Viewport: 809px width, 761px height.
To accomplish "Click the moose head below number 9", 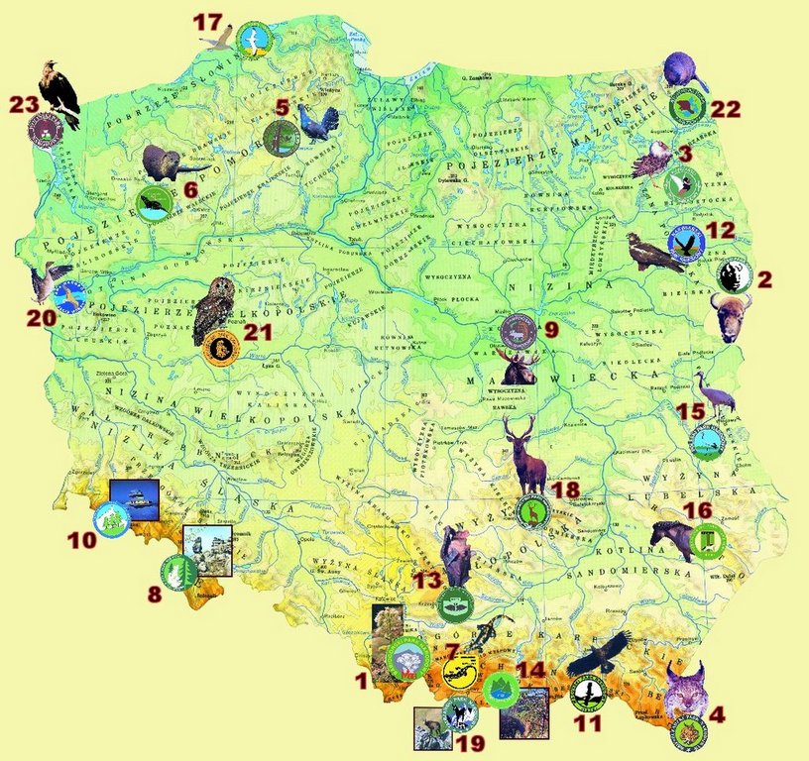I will coord(520,368).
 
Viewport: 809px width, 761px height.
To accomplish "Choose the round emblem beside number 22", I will coord(687,105).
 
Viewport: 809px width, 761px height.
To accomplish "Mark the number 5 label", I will coord(283,107).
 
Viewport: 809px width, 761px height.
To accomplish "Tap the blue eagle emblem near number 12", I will coord(686,241).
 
